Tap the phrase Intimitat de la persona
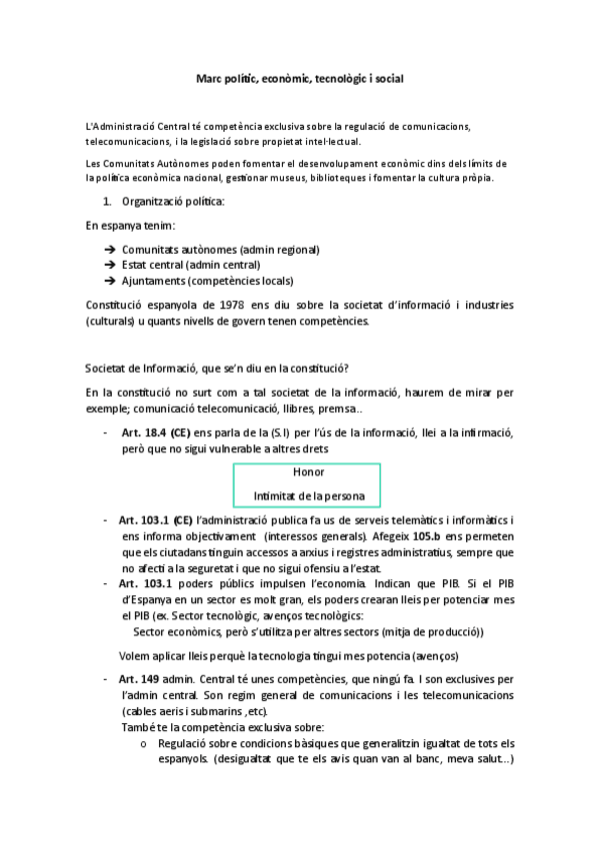pos(309,494)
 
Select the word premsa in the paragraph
pos(351,409)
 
